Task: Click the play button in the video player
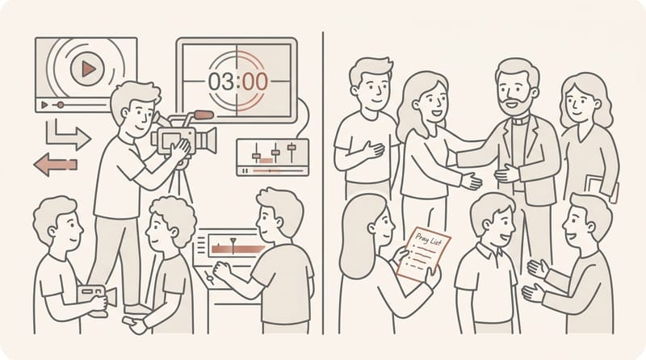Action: click(87, 69)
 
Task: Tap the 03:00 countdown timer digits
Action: click(238, 82)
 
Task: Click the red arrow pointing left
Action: click(56, 165)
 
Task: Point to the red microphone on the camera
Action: click(203, 115)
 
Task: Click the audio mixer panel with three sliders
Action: click(273, 157)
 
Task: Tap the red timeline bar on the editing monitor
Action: click(238, 249)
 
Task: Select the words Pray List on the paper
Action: click(428, 239)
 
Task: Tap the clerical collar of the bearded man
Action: click(520, 121)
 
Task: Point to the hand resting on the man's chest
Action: click(372, 150)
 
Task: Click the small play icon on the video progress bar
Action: click(44, 105)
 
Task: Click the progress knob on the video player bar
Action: click(60, 105)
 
